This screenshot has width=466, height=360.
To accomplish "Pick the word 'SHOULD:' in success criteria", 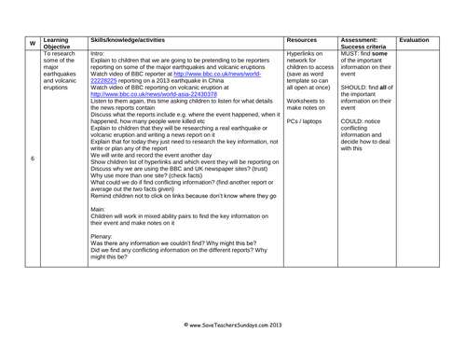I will point(358,88).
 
